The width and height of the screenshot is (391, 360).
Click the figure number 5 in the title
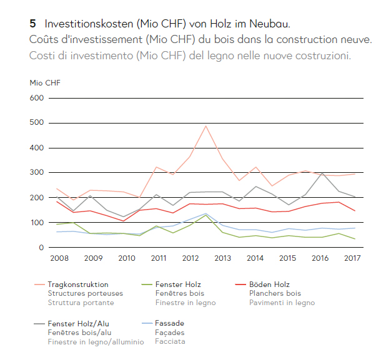point(32,24)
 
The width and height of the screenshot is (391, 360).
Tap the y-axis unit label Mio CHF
point(45,82)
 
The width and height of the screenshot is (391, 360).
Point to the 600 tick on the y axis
point(37,98)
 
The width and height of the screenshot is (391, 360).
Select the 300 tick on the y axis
point(37,173)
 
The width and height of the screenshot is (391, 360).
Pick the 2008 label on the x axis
point(59,258)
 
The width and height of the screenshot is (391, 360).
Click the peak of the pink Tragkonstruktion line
point(206,126)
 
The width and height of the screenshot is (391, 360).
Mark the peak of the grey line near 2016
point(322,173)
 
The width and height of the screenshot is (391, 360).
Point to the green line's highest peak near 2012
point(206,215)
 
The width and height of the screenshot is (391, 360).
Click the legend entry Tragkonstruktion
point(78,285)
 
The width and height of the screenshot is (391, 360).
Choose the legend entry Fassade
point(170,324)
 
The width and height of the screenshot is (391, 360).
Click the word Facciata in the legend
point(171,341)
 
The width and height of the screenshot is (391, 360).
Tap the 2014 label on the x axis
point(255,258)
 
